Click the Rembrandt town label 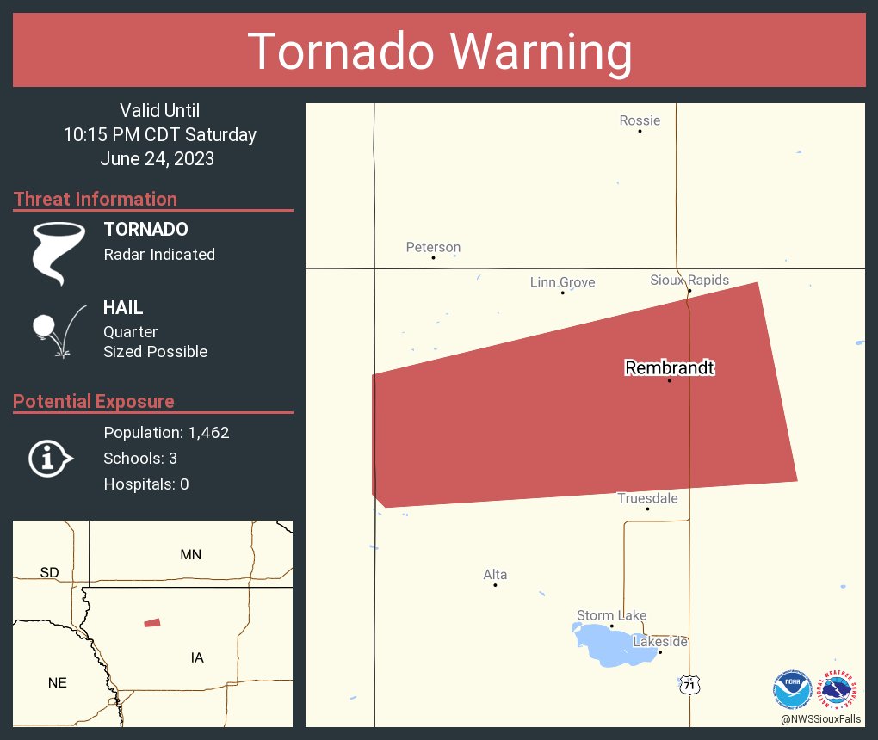(x=670, y=368)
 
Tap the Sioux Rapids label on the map (x=689, y=281)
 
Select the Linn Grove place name (x=562, y=282)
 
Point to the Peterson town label (x=433, y=247)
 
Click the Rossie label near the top (x=640, y=120)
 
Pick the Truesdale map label (x=647, y=498)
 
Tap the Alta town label (x=495, y=575)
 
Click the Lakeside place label (x=660, y=642)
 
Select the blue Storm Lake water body (x=607, y=646)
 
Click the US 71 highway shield (x=689, y=685)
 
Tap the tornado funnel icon (x=59, y=252)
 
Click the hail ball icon (x=44, y=326)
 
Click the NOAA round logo (x=792, y=689)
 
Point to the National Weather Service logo (x=839, y=689)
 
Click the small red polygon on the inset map (x=152, y=622)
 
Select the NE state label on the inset (x=58, y=682)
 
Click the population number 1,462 (x=208, y=433)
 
